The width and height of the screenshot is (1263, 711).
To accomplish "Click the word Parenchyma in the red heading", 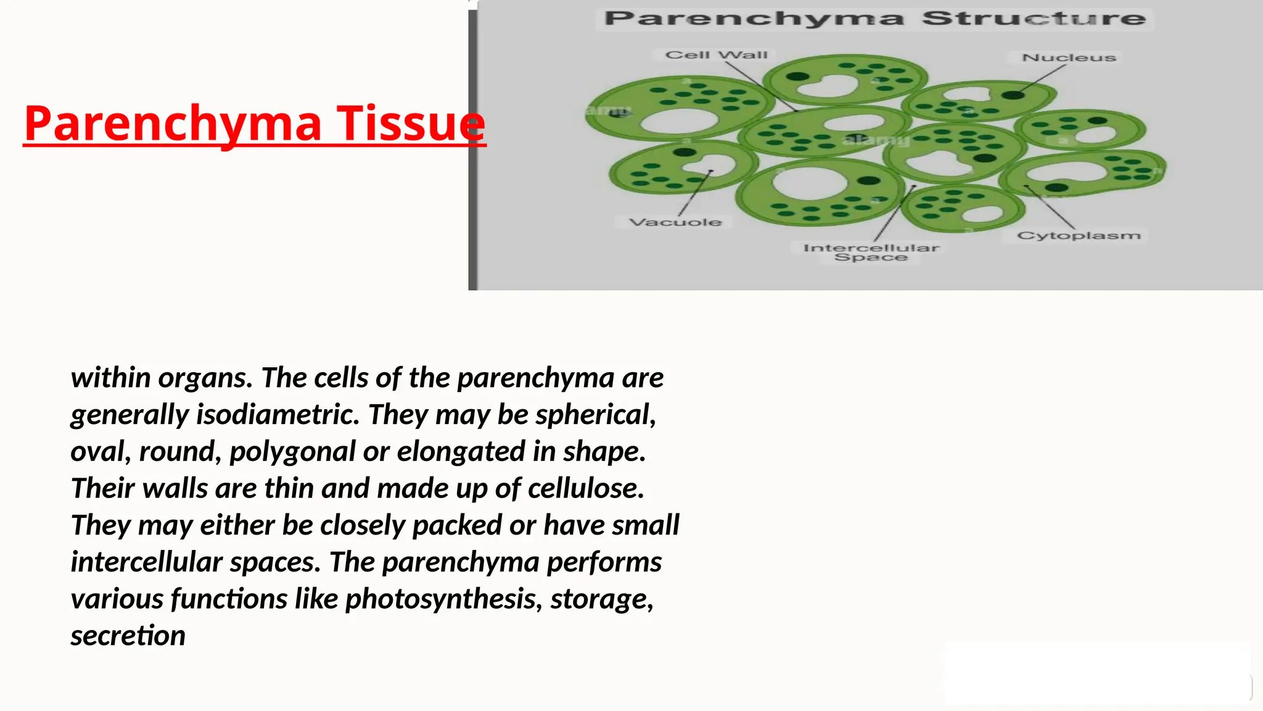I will click(173, 123).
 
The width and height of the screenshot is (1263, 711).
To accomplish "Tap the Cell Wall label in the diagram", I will click(716, 55).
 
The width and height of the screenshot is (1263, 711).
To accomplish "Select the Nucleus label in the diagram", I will click(1068, 57).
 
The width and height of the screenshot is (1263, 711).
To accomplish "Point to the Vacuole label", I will click(675, 222).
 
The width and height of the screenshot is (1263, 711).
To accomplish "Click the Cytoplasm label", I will click(1078, 236).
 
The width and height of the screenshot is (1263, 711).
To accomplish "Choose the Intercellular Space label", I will click(871, 252).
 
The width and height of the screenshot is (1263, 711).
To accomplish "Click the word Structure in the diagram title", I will click(1034, 19).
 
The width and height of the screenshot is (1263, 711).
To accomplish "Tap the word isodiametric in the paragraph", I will click(278, 414).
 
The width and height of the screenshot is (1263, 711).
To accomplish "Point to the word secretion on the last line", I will click(128, 636).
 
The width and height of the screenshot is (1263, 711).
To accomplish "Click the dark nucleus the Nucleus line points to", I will click(1012, 95).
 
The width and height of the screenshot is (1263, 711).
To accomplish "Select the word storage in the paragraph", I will click(601, 599).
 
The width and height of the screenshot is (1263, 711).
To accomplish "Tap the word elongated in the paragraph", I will click(461, 451).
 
